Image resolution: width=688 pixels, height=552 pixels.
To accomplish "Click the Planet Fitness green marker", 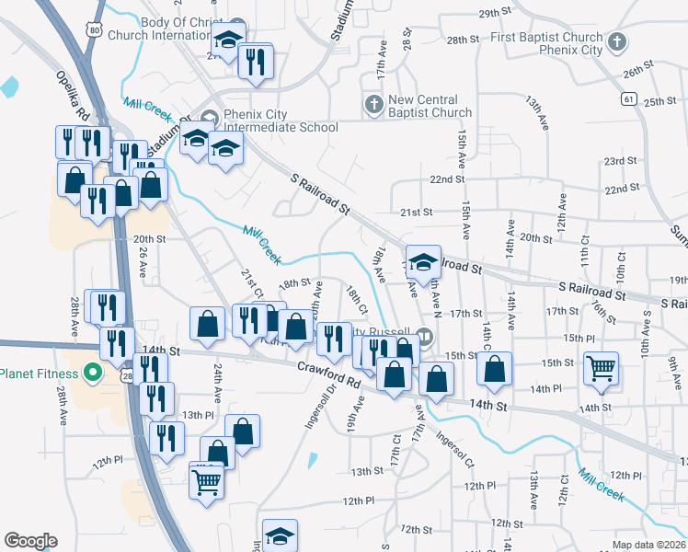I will pyautogui.click(x=91, y=374).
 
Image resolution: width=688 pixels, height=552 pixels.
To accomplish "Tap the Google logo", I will pyautogui.click(x=30, y=541).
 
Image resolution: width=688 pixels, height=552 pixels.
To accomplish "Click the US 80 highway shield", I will pyautogui.click(x=95, y=31).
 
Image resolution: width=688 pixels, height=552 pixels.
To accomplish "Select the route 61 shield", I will pyautogui.click(x=629, y=98).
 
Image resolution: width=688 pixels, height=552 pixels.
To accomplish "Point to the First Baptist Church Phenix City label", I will pyautogui.click(x=546, y=43).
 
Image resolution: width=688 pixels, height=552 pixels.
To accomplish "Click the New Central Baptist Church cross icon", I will pyautogui.click(x=374, y=105).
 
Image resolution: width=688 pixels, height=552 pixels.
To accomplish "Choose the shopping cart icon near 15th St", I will pyautogui.click(x=601, y=368).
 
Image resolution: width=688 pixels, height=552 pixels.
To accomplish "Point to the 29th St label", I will pyautogui.click(x=495, y=13).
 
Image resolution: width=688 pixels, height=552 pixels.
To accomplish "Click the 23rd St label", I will pyautogui.click(x=620, y=161).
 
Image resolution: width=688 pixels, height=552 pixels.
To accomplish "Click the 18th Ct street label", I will pyautogui.click(x=357, y=298).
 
